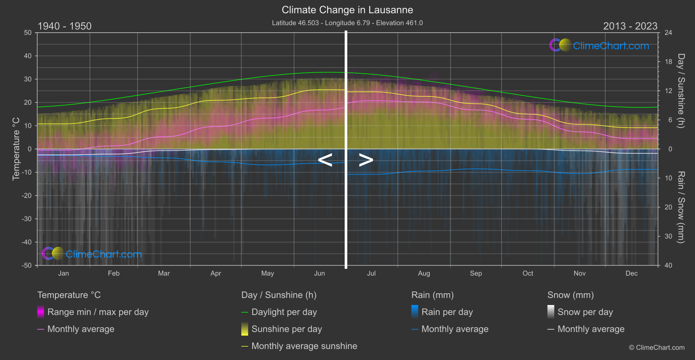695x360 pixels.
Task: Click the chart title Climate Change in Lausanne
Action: [x=347, y=10]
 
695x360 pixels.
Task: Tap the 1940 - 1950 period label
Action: [x=65, y=26]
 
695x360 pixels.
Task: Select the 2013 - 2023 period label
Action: [x=630, y=26]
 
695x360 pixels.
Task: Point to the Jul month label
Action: [x=371, y=274]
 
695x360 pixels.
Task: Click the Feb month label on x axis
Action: [x=113, y=274]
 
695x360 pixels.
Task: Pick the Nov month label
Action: [x=579, y=274]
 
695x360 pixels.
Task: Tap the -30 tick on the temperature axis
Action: [x=27, y=219]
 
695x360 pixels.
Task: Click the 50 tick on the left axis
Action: [x=28, y=33]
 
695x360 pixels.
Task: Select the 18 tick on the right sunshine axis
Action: [x=668, y=62]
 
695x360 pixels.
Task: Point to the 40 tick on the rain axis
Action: [x=668, y=265]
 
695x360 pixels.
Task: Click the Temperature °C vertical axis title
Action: [x=16, y=148]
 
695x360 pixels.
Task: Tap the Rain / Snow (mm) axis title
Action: [x=681, y=207]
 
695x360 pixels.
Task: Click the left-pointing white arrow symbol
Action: [x=325, y=160]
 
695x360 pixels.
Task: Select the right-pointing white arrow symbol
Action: [x=366, y=160]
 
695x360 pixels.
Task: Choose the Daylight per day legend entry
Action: [x=284, y=312]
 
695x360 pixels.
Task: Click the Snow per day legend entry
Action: [x=585, y=312]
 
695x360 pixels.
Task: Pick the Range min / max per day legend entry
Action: [x=98, y=312]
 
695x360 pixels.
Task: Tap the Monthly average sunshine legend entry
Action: [x=304, y=346]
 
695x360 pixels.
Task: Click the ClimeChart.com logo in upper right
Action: [x=599, y=45]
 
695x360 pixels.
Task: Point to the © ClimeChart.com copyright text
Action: [x=657, y=348]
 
